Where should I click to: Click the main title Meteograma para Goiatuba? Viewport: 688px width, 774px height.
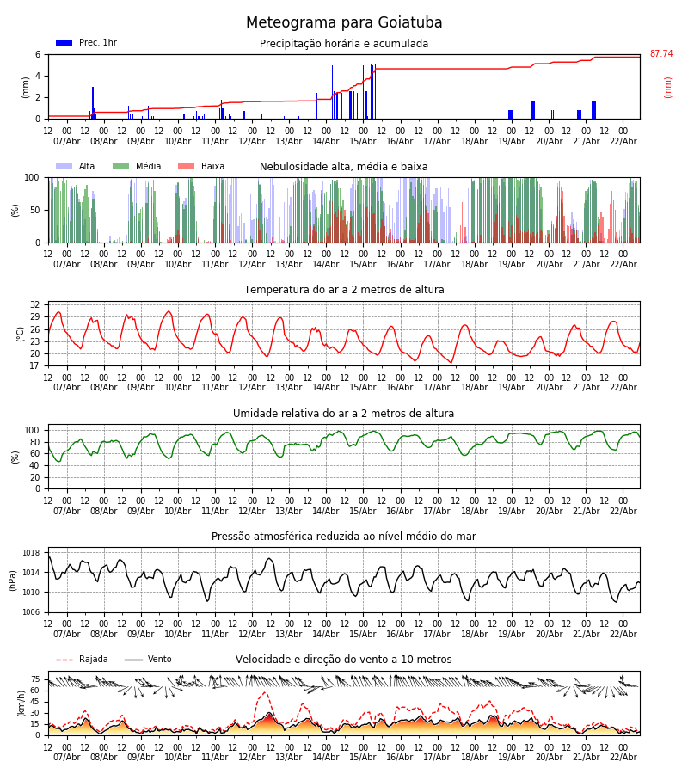pos(344,23)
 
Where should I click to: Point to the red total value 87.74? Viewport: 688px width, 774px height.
pos(660,54)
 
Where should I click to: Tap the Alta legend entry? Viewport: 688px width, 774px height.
pos(87,167)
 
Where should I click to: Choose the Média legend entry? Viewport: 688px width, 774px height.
pos(148,167)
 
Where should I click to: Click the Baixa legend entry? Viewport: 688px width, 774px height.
pos(212,167)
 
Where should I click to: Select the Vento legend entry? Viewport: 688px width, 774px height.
pos(159,660)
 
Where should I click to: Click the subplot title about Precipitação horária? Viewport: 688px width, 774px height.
pos(344,44)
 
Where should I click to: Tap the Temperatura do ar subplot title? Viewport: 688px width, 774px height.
pos(344,290)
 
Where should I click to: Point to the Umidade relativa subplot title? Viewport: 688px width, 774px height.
pos(344,414)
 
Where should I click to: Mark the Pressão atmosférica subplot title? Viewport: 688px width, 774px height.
pos(344,537)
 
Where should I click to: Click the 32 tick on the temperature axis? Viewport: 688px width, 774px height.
pos(35,304)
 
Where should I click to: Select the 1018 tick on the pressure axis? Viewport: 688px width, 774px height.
pos(32,553)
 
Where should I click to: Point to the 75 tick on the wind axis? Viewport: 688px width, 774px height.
pos(35,679)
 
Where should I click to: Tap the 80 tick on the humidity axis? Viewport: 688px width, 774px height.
pos(35,442)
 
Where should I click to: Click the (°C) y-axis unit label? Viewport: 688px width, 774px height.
pos(21,333)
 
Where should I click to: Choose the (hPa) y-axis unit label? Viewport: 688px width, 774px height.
pos(13,580)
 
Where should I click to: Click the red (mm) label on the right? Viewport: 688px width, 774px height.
pos(667,87)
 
